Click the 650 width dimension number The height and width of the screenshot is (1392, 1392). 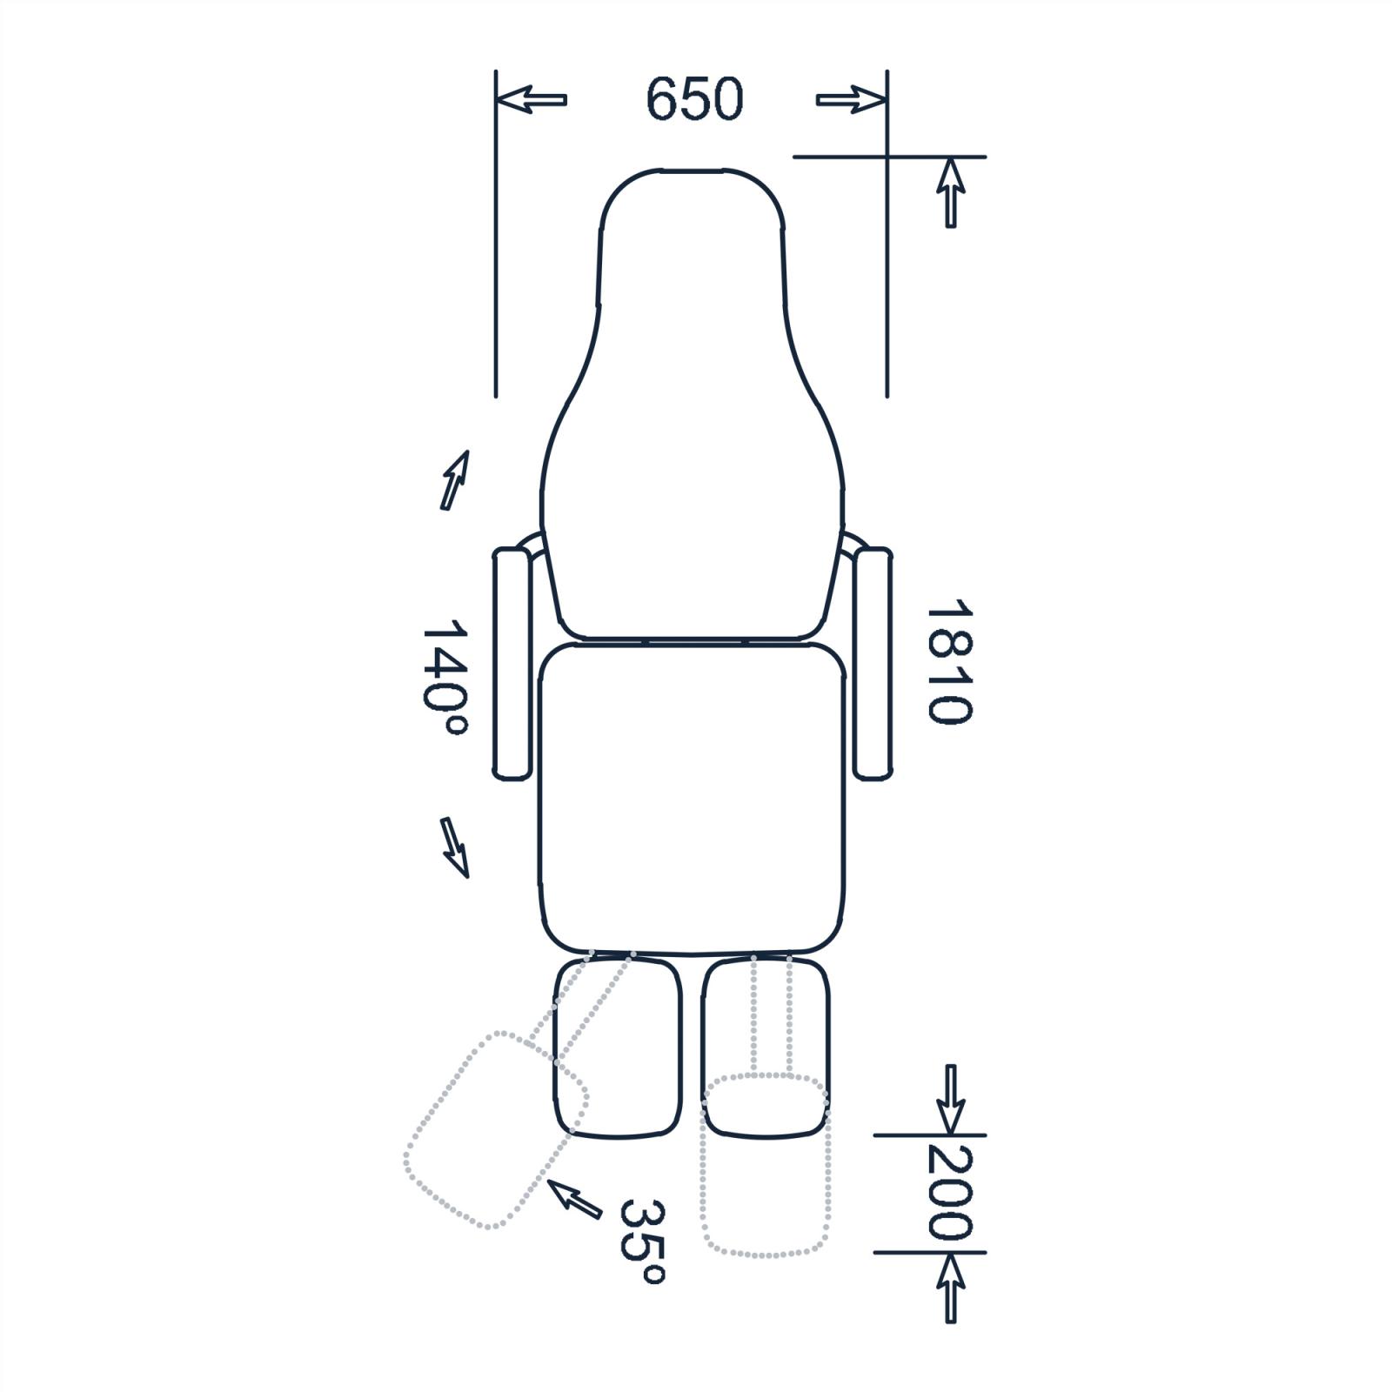point(694,98)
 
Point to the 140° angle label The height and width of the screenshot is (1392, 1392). point(445,679)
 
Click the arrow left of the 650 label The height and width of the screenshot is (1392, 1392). point(532,99)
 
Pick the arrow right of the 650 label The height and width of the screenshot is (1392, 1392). point(851,99)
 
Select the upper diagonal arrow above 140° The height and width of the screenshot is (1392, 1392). point(455,479)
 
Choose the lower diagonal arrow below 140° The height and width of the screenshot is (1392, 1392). point(455,847)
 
